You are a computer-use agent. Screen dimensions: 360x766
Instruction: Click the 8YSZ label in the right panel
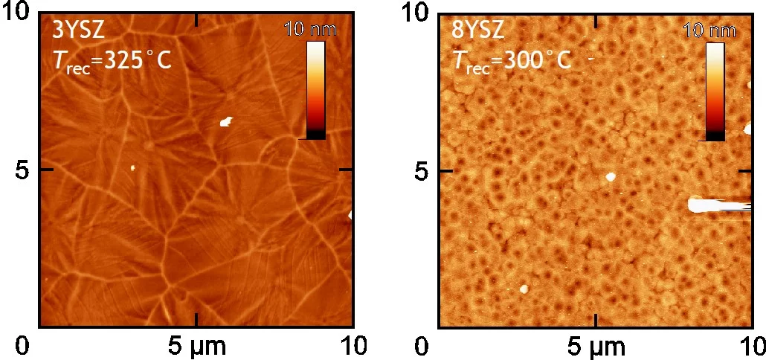478,30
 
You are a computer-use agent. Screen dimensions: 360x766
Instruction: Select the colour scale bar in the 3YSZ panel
316,90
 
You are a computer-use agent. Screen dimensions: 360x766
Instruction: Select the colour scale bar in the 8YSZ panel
715,91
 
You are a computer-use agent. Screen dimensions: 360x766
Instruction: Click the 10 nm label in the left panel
310,30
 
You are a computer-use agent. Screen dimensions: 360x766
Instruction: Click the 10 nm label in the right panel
709,30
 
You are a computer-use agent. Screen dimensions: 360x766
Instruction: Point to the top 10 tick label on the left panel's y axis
17,13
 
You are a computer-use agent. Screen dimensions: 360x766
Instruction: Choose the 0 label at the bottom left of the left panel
23,347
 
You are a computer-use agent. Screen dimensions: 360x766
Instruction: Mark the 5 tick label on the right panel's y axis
422,170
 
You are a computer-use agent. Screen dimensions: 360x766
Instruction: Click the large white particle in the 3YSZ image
226,121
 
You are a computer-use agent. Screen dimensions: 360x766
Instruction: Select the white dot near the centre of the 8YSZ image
611,177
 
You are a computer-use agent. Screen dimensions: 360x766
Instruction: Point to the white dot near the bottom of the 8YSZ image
524,288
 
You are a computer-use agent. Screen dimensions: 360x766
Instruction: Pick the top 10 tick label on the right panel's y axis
416,13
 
